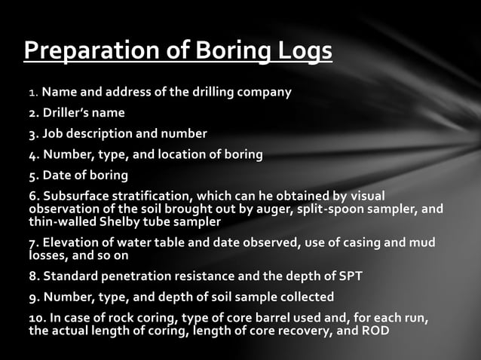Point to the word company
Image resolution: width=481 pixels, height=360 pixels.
(x=264, y=93)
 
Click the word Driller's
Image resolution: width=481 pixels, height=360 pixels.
(x=67, y=114)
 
